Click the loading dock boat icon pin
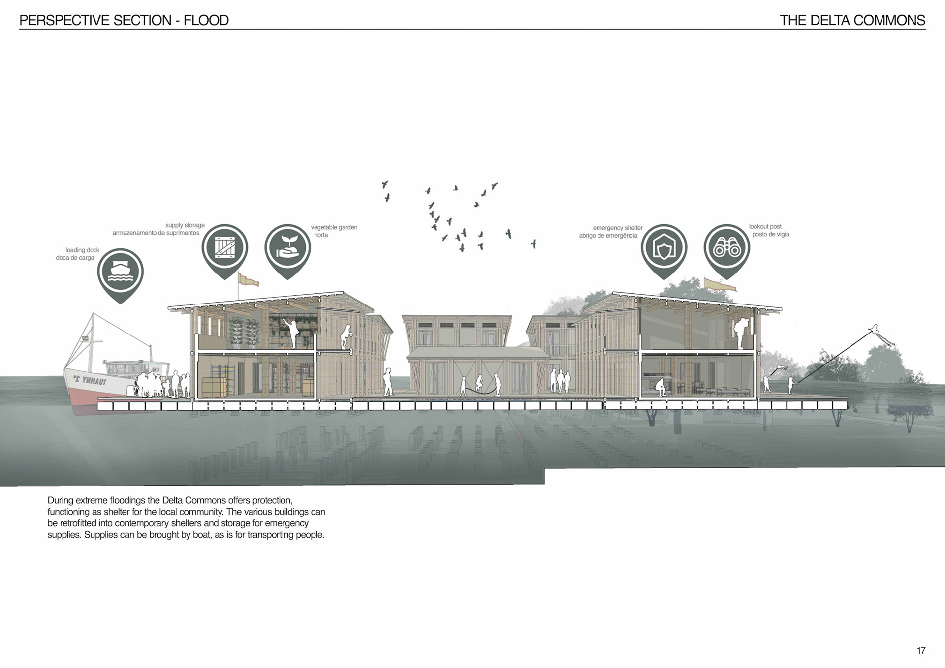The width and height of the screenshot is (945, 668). (120, 272)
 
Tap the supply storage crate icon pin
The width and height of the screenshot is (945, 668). (224, 247)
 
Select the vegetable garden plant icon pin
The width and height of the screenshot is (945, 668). (287, 247)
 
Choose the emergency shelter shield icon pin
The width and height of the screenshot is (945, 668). (663, 247)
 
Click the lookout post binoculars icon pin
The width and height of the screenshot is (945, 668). (726, 247)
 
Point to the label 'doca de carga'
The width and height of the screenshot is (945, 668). (75, 258)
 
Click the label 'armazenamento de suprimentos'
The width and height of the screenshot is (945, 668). (156, 233)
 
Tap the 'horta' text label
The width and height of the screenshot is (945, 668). (321, 235)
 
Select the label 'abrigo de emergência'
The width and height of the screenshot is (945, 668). (608, 236)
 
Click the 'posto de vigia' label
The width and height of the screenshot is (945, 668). (770, 234)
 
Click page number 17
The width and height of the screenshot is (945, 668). (921, 650)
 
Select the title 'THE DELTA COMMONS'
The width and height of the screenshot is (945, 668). (852, 20)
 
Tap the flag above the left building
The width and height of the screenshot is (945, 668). (249, 280)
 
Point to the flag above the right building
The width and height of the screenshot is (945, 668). (720, 284)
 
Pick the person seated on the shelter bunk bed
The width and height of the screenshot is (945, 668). (661, 388)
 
